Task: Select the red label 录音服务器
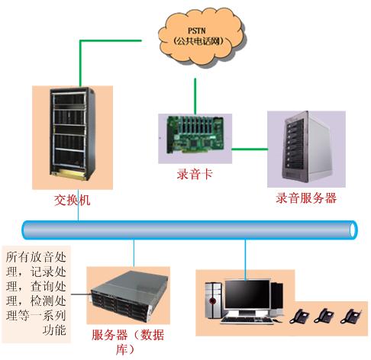pos(306,198)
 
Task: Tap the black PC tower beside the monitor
pos(213,301)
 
